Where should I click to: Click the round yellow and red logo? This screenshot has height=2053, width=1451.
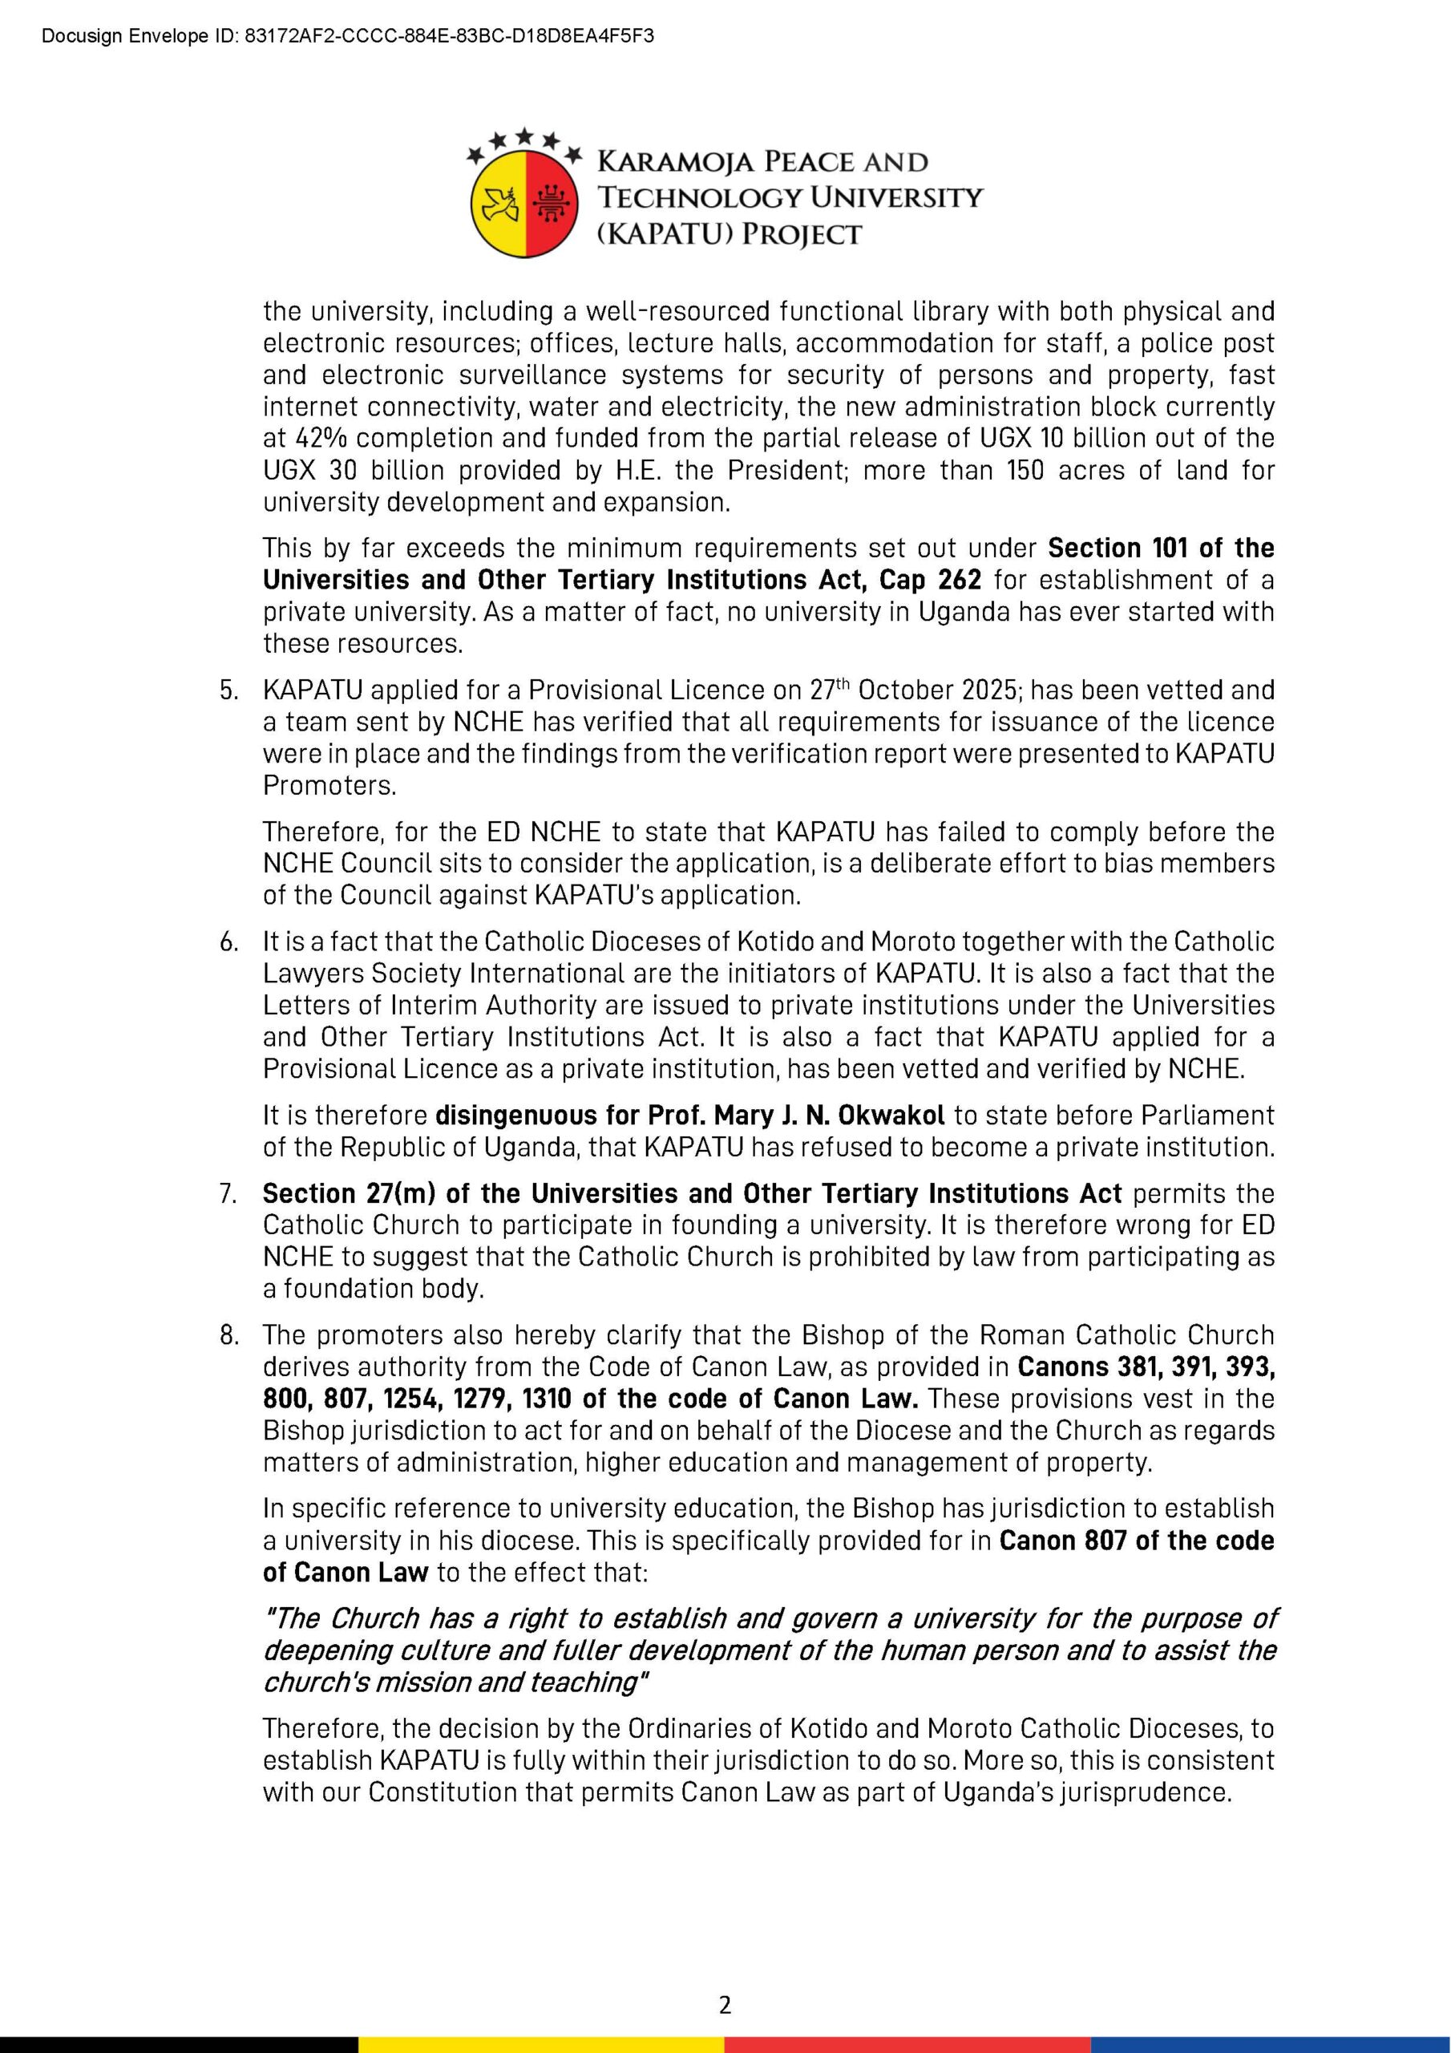point(525,203)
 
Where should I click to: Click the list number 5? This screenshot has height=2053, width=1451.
point(228,690)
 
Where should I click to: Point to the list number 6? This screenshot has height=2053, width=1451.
point(228,941)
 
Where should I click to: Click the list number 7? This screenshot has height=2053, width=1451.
point(228,1194)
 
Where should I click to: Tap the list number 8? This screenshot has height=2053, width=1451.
point(228,1335)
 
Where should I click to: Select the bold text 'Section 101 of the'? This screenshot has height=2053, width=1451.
point(1161,548)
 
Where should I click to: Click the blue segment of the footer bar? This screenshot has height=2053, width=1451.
point(1270,2045)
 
